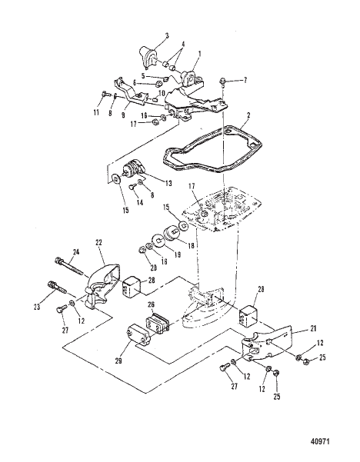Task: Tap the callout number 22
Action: coord(99,242)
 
